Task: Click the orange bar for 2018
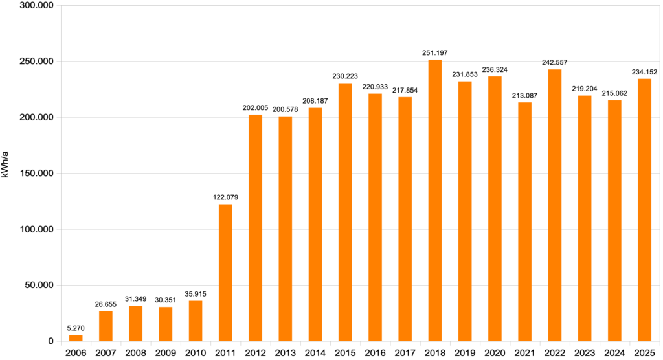pyautogui.click(x=435, y=200)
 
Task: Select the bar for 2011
pyautogui.click(x=225, y=273)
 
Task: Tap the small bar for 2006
pyautogui.click(x=76, y=338)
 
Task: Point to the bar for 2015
pyautogui.click(x=345, y=212)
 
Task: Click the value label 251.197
pyautogui.click(x=435, y=52)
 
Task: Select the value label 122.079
pyautogui.click(x=225, y=197)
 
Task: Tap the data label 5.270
pyautogui.click(x=76, y=328)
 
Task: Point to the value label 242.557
pyautogui.click(x=555, y=62)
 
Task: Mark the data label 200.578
pyautogui.click(x=286, y=109)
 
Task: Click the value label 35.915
pyautogui.click(x=196, y=293)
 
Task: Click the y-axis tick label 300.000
pyautogui.click(x=36, y=6)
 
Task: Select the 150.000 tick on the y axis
pyautogui.click(x=36, y=174)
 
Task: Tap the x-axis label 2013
pyautogui.click(x=286, y=353)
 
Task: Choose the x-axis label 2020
pyautogui.click(x=495, y=353)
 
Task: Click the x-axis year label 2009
pyautogui.click(x=166, y=353)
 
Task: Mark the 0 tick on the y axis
pyautogui.click(x=51, y=341)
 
